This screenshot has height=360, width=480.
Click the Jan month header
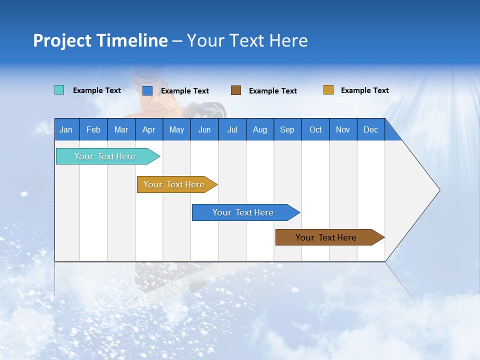66,129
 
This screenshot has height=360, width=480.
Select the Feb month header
93,129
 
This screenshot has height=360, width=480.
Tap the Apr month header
148,129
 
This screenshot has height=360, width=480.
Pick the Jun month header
204,129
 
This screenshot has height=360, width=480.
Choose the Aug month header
259,129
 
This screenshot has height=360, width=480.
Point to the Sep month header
287,129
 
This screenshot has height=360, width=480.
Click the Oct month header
315,129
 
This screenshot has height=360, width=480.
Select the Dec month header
370,129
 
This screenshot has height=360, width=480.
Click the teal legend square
59,90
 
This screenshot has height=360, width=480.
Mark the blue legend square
147,90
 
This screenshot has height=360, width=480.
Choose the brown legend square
236,90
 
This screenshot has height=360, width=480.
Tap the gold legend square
328,90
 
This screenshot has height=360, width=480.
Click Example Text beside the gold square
364,90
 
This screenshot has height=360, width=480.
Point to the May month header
176,129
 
